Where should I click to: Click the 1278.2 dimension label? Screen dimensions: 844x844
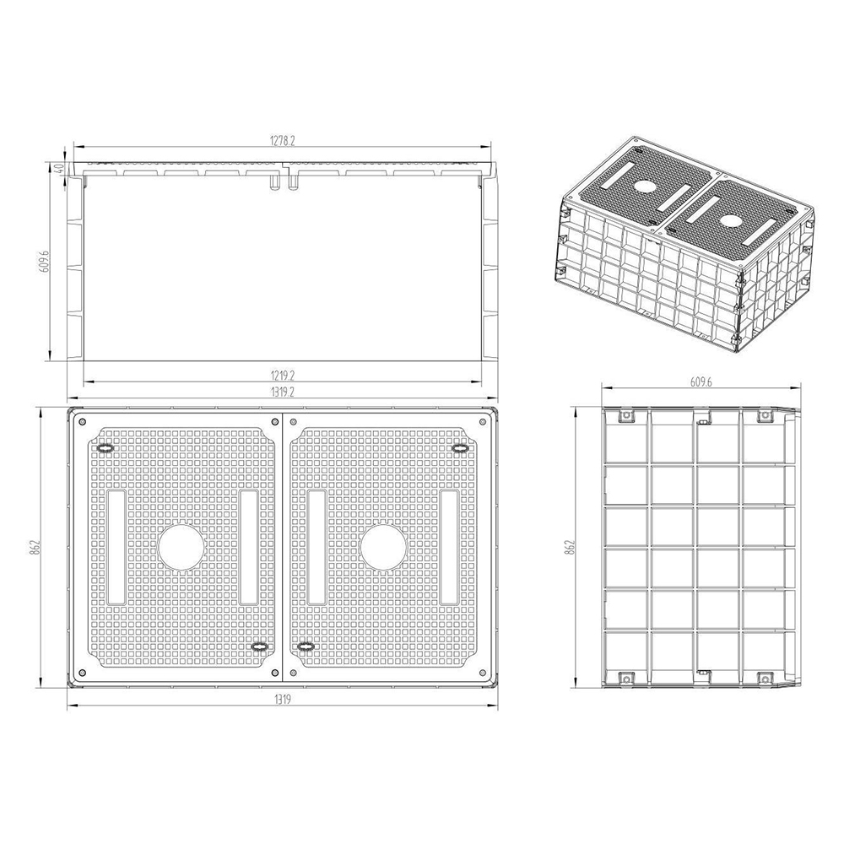click(x=282, y=141)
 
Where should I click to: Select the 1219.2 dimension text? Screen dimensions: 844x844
click(x=282, y=375)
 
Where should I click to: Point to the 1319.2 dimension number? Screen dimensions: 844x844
click(x=282, y=392)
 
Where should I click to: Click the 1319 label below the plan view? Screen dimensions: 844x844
click(x=282, y=700)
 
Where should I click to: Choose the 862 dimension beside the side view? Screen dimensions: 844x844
click(x=571, y=546)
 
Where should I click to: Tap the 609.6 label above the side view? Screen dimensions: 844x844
click(x=701, y=381)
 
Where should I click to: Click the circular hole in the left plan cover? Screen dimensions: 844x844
click(x=181, y=547)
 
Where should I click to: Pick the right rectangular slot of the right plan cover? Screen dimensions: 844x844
click(x=449, y=547)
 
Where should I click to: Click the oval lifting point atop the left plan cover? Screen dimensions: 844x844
click(x=105, y=448)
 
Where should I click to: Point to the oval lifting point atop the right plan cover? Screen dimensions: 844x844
click(x=460, y=448)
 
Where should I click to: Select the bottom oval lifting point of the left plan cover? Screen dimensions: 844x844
click(x=260, y=647)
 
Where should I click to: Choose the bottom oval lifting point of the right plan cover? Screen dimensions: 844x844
click(x=306, y=647)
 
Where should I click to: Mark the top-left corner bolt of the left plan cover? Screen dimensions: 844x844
click(x=82, y=420)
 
